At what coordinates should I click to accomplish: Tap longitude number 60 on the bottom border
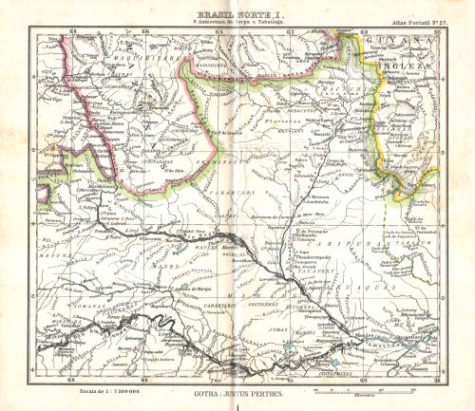(364, 377)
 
